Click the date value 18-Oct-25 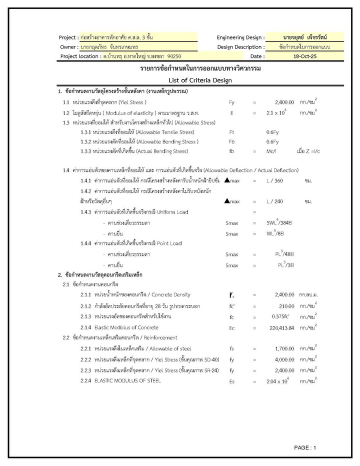[305, 56]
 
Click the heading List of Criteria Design [200, 80]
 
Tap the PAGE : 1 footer [305, 447]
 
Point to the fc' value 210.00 [286, 306]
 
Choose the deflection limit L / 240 [274, 201]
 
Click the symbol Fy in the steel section [231, 102]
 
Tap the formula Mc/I [272, 151]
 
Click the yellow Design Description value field [305, 47]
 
